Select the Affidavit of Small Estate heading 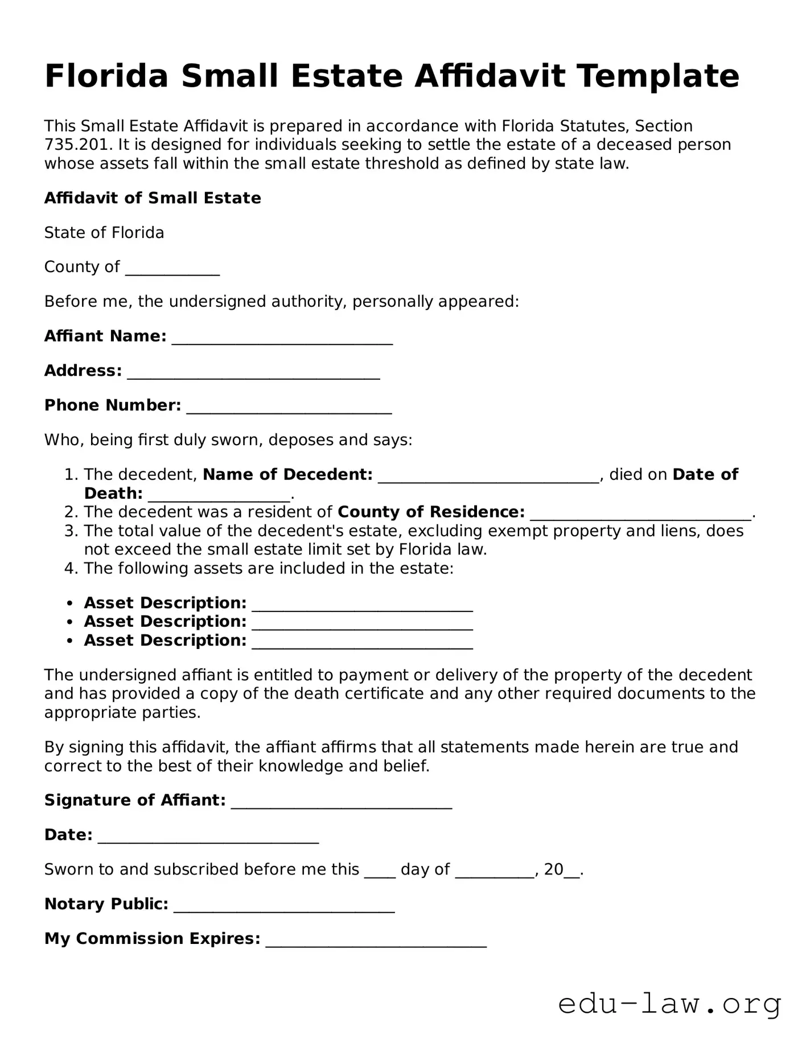coord(153,198)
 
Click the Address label coord(83,371)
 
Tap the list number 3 coord(71,531)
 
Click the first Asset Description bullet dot coord(69,603)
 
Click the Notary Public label coord(106,904)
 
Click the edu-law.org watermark coord(669,1004)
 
